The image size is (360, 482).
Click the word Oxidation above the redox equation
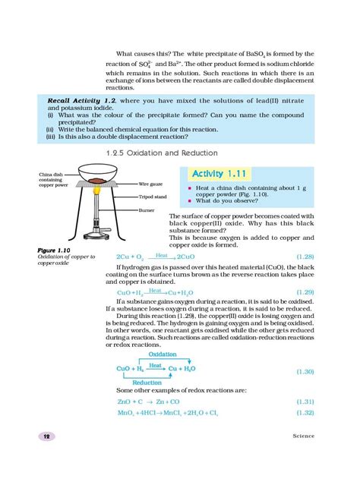163,354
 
